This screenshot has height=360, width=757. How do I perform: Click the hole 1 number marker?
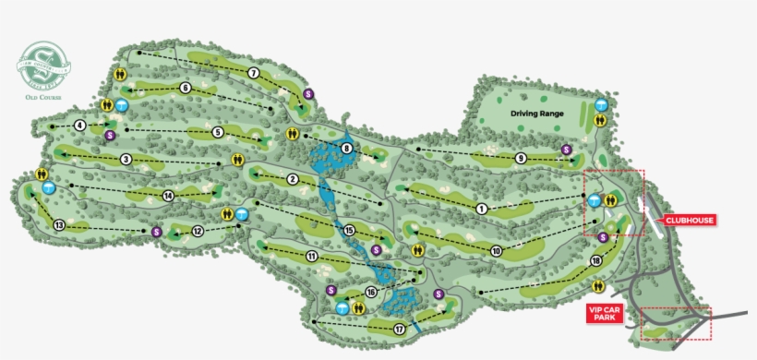(481, 210)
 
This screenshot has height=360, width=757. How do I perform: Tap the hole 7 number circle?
(252, 73)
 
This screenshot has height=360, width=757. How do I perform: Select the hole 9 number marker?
(521, 158)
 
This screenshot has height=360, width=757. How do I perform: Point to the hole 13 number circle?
(59, 225)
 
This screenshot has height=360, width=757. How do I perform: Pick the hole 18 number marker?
(596, 261)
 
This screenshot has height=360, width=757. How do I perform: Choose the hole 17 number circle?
(400, 329)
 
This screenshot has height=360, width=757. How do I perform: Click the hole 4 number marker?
(80, 125)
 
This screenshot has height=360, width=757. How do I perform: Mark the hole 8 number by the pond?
(346, 148)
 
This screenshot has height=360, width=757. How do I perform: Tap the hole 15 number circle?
(349, 230)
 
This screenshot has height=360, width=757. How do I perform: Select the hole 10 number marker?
(496, 250)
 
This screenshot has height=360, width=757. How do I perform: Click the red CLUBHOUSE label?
(691, 220)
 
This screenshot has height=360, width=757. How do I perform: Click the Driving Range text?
(537, 114)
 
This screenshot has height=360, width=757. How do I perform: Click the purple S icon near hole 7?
(309, 93)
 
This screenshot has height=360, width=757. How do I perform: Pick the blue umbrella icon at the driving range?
(602, 105)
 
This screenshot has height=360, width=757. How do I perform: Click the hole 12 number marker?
(198, 231)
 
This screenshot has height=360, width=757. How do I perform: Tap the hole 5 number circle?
(218, 132)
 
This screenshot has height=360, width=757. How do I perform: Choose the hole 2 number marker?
(292, 179)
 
